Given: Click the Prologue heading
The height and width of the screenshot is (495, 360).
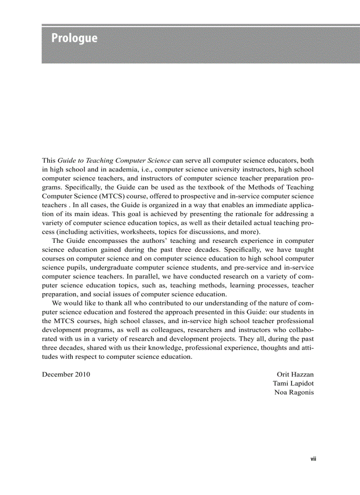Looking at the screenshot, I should click(74, 38).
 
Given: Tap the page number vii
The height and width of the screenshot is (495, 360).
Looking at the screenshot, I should click(313, 459).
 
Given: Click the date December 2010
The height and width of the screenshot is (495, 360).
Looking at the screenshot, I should click(66, 374).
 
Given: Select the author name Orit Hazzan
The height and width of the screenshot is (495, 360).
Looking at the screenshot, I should click(295, 374).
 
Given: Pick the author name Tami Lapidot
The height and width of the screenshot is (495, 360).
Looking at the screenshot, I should click(293, 383).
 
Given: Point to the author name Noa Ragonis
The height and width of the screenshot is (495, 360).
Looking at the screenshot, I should click(294, 392).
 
